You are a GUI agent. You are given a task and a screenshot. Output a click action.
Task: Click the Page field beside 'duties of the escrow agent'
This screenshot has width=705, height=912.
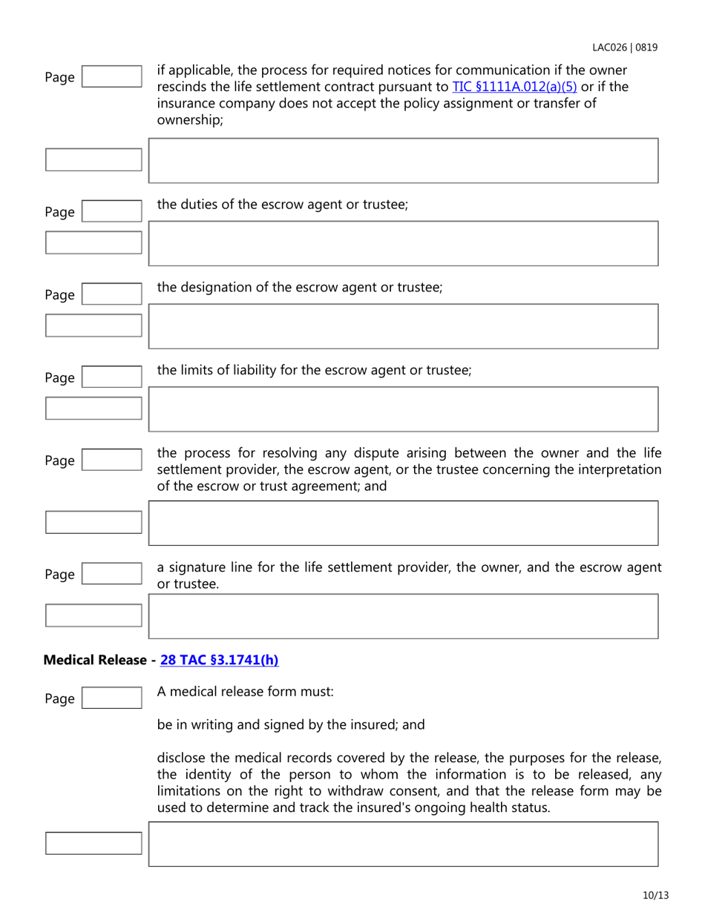point(111,211)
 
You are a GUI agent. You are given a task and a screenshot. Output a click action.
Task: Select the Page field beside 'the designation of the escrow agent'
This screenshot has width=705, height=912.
point(111,294)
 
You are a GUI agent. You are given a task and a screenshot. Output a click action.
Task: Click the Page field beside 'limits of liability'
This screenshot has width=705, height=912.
point(111,377)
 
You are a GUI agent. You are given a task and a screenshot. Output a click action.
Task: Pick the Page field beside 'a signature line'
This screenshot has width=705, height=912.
point(111,573)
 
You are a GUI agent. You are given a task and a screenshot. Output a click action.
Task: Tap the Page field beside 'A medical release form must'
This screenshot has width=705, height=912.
point(111,698)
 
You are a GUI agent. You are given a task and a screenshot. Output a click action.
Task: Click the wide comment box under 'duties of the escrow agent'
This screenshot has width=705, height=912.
point(404,243)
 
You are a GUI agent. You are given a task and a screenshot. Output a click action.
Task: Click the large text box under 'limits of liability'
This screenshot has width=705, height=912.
point(404,409)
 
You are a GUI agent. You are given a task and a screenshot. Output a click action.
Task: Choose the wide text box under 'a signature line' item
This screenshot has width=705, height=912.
point(404,616)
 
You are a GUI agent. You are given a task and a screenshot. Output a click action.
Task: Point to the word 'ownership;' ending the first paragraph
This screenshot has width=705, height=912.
point(186,121)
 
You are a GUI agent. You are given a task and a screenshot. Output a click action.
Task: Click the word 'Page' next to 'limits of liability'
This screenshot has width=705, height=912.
point(60,379)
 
